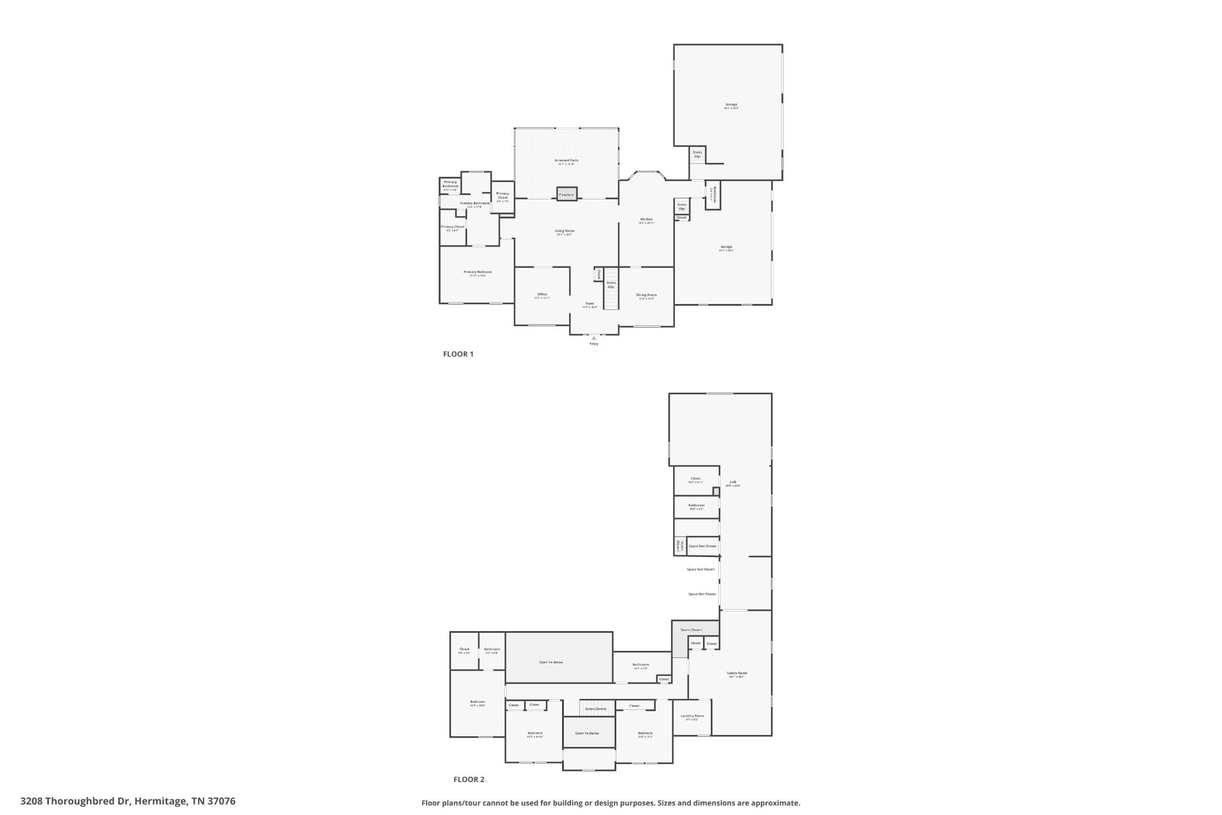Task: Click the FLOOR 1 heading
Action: [x=458, y=354]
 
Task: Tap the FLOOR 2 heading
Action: [x=468, y=779]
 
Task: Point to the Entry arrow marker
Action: [x=594, y=338]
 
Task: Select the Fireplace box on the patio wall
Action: [x=566, y=195]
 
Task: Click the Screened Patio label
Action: [x=566, y=160]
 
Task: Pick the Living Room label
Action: [x=564, y=231]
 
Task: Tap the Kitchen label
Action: [x=646, y=219]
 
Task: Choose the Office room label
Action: [x=542, y=294]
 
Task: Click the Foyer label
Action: [x=590, y=303]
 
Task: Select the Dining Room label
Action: [x=646, y=295]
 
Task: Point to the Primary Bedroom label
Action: [x=477, y=272]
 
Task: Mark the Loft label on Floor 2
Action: [x=733, y=482]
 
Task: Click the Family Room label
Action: [x=737, y=673]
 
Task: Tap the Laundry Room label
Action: [x=692, y=716]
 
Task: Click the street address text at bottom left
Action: [x=128, y=801]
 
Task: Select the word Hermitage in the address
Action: [x=159, y=801]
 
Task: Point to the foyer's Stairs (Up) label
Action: [x=611, y=285]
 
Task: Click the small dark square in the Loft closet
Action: [x=716, y=491]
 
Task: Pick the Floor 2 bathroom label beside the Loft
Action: [x=696, y=505]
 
